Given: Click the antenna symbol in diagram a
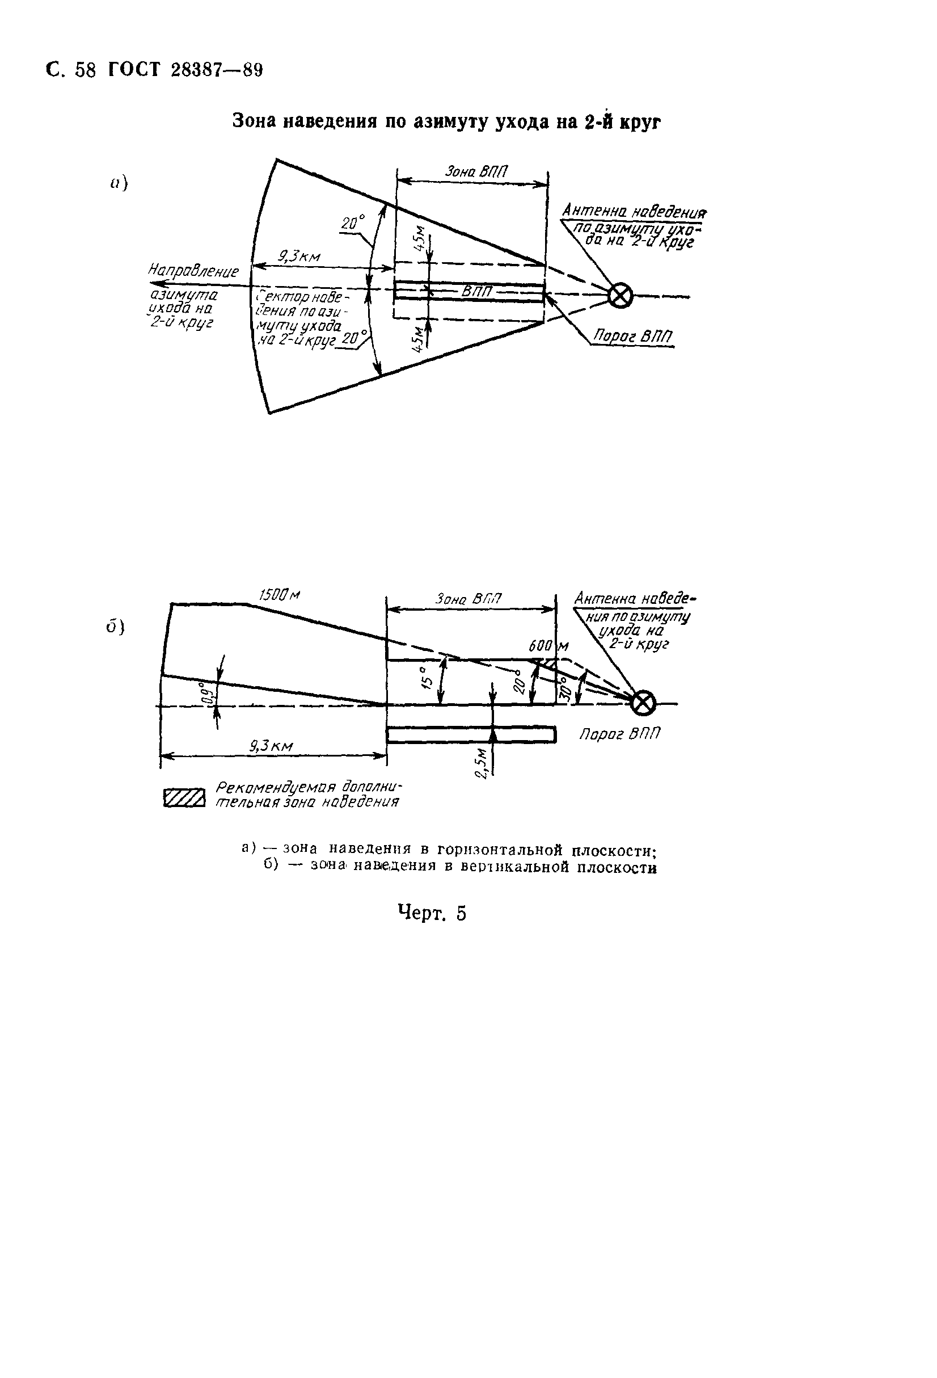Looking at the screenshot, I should coord(621,295).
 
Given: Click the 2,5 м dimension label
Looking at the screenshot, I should coord(483,763).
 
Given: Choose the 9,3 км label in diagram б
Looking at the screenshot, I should coord(272,746).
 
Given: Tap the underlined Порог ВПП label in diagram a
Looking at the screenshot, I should coord(633,337).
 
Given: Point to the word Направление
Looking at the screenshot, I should coord(193,271).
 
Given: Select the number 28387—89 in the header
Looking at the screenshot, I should coord(216,70).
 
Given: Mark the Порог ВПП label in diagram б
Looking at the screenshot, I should coord(619,734).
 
